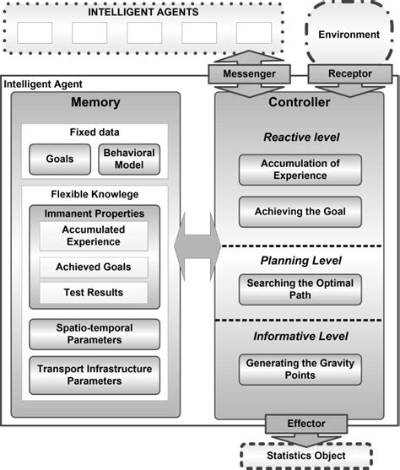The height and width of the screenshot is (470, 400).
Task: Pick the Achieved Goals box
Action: pyautogui.click(x=93, y=268)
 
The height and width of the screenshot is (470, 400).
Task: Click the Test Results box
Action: pyautogui.click(x=93, y=293)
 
